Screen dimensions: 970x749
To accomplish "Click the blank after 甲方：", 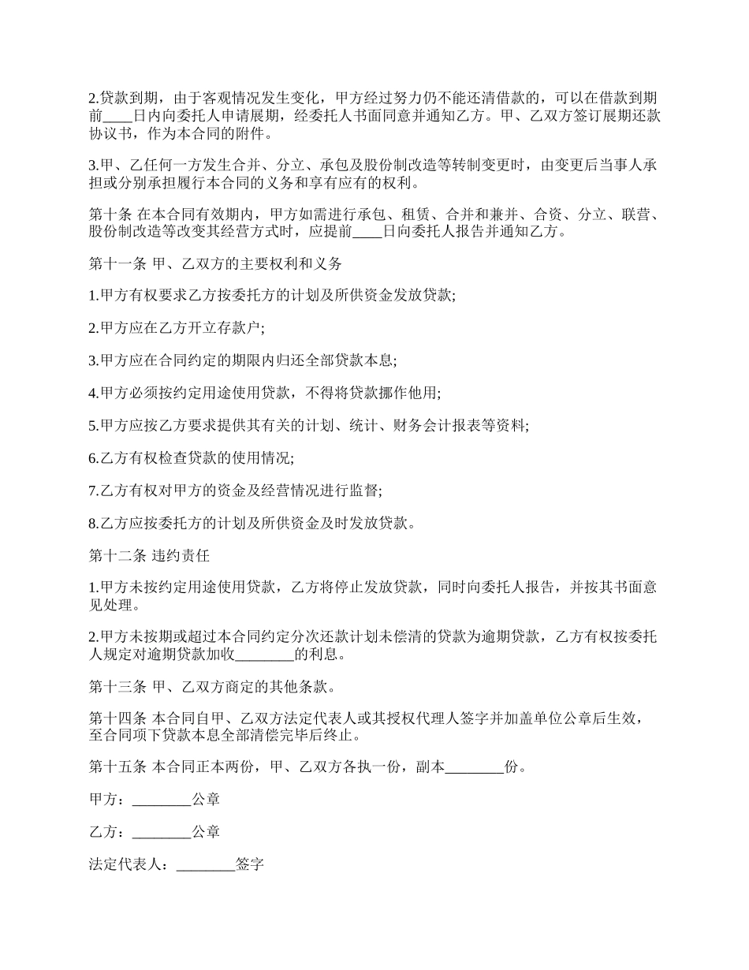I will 162,800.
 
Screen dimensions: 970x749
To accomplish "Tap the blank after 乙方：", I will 162,833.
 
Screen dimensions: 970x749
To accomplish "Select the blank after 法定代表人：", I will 206,865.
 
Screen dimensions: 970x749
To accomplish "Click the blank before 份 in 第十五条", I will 475,767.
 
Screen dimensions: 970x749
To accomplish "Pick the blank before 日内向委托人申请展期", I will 118,116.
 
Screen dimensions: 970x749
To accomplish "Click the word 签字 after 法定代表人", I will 249,865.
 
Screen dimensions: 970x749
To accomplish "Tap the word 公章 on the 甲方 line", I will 206,800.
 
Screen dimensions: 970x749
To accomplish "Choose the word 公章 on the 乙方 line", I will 206,833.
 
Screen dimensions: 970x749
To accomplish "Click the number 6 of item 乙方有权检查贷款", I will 93,458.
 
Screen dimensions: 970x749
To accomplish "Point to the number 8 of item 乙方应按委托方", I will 93,523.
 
